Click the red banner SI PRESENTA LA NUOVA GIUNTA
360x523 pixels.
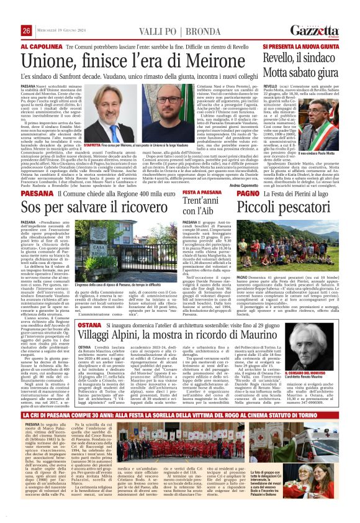point(302,46)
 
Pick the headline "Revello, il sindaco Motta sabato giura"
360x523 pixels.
point(302,64)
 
